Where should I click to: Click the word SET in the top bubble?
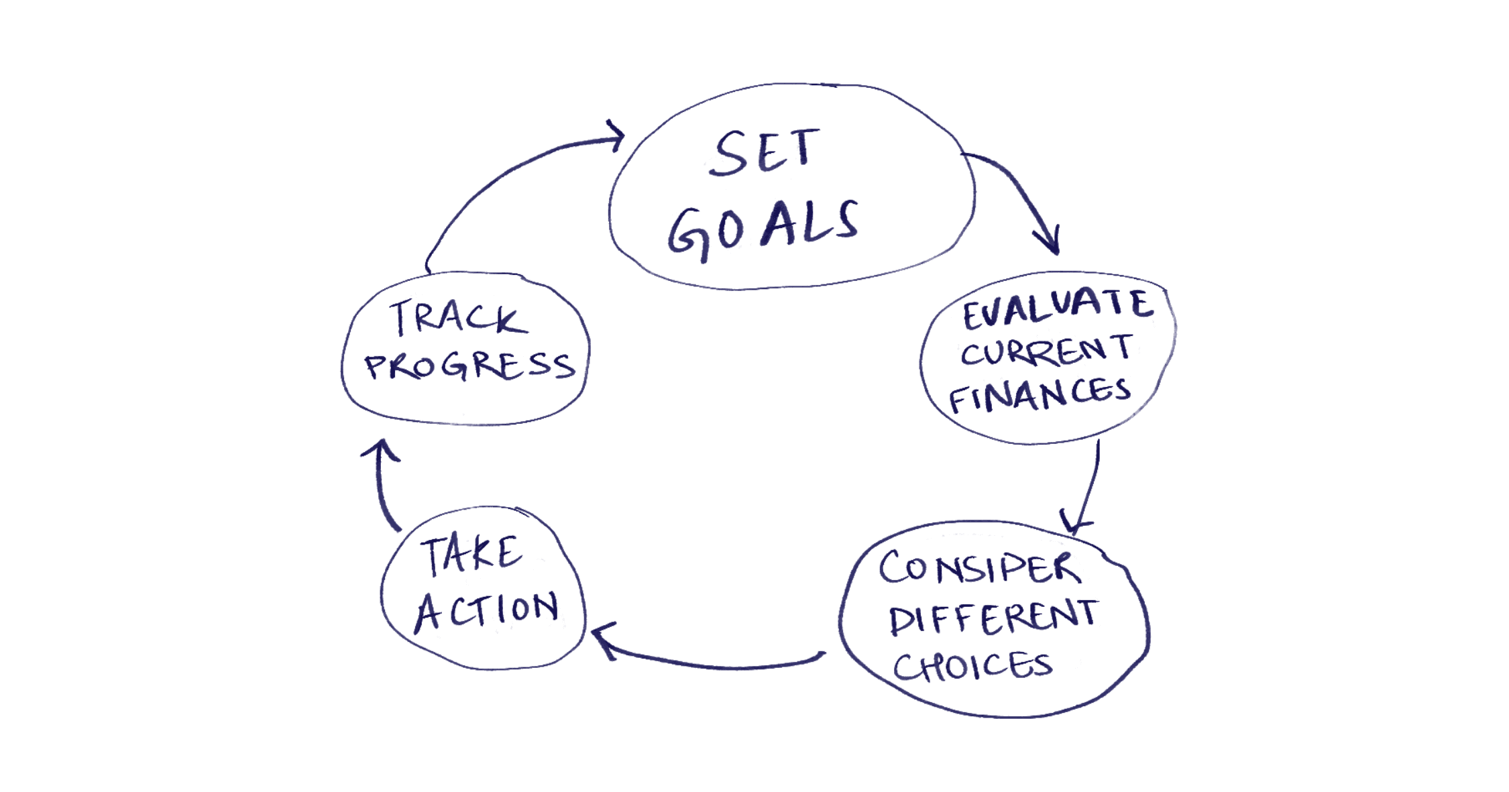pyautogui.click(x=764, y=153)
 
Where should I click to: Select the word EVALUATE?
pyautogui.click(x=1058, y=308)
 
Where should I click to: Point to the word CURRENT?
pyautogui.click(x=1046, y=351)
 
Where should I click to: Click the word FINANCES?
pyautogui.click(x=1040, y=395)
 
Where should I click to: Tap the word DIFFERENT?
pyautogui.click(x=993, y=618)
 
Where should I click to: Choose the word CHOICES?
pyautogui.click(x=973, y=666)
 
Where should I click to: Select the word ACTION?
pyautogui.click(x=487, y=611)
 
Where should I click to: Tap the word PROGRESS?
pyautogui.click(x=469, y=366)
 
